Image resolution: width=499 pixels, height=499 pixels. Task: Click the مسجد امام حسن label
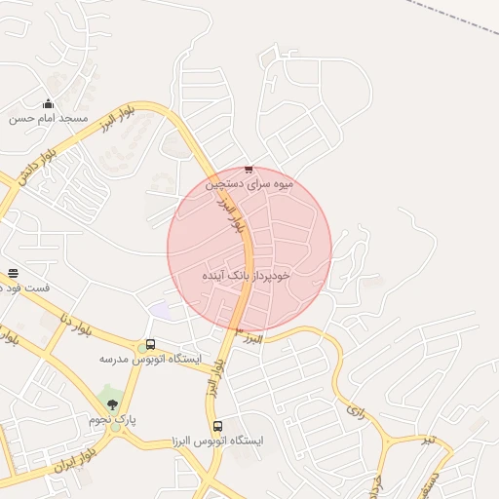click(x=49, y=118)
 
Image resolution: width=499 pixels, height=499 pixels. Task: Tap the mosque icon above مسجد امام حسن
click(x=49, y=103)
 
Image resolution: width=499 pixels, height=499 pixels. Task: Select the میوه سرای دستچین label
click(x=249, y=182)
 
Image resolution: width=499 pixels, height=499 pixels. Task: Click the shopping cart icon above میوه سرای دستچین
click(x=249, y=169)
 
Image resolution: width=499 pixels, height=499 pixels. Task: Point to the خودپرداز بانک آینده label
click(x=248, y=276)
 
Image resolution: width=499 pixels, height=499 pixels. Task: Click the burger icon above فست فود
click(x=13, y=274)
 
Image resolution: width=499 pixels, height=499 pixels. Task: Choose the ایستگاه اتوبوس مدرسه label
click(x=149, y=359)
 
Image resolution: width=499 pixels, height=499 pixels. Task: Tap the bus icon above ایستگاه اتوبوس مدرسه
click(x=149, y=344)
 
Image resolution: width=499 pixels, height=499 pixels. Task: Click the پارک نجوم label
click(x=113, y=419)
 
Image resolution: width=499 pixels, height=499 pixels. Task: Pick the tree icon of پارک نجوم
click(x=113, y=403)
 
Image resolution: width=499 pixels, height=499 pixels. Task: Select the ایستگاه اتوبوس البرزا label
click(x=217, y=441)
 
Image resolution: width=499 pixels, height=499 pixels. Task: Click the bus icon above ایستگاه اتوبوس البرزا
click(x=217, y=426)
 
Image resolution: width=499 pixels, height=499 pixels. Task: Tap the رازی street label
click(x=355, y=410)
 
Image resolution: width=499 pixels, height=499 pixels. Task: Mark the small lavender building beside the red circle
click(x=159, y=310)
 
